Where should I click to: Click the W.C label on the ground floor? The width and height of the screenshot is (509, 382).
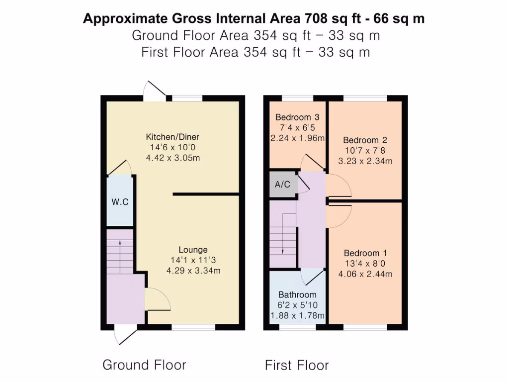(120, 202)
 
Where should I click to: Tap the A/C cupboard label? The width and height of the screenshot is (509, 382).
(282, 185)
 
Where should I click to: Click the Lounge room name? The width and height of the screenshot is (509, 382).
(193, 250)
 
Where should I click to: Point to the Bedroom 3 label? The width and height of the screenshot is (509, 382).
(297, 117)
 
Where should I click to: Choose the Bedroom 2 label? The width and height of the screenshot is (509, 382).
(365, 140)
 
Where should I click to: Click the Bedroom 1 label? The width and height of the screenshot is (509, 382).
(365, 253)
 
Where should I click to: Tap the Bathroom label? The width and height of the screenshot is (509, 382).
(297, 294)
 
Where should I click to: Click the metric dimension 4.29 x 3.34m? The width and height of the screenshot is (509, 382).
(193, 271)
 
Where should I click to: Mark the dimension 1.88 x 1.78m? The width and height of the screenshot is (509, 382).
(297, 316)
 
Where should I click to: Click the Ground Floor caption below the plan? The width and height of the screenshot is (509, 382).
(144, 365)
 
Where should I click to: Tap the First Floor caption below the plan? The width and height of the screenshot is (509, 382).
(297, 366)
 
